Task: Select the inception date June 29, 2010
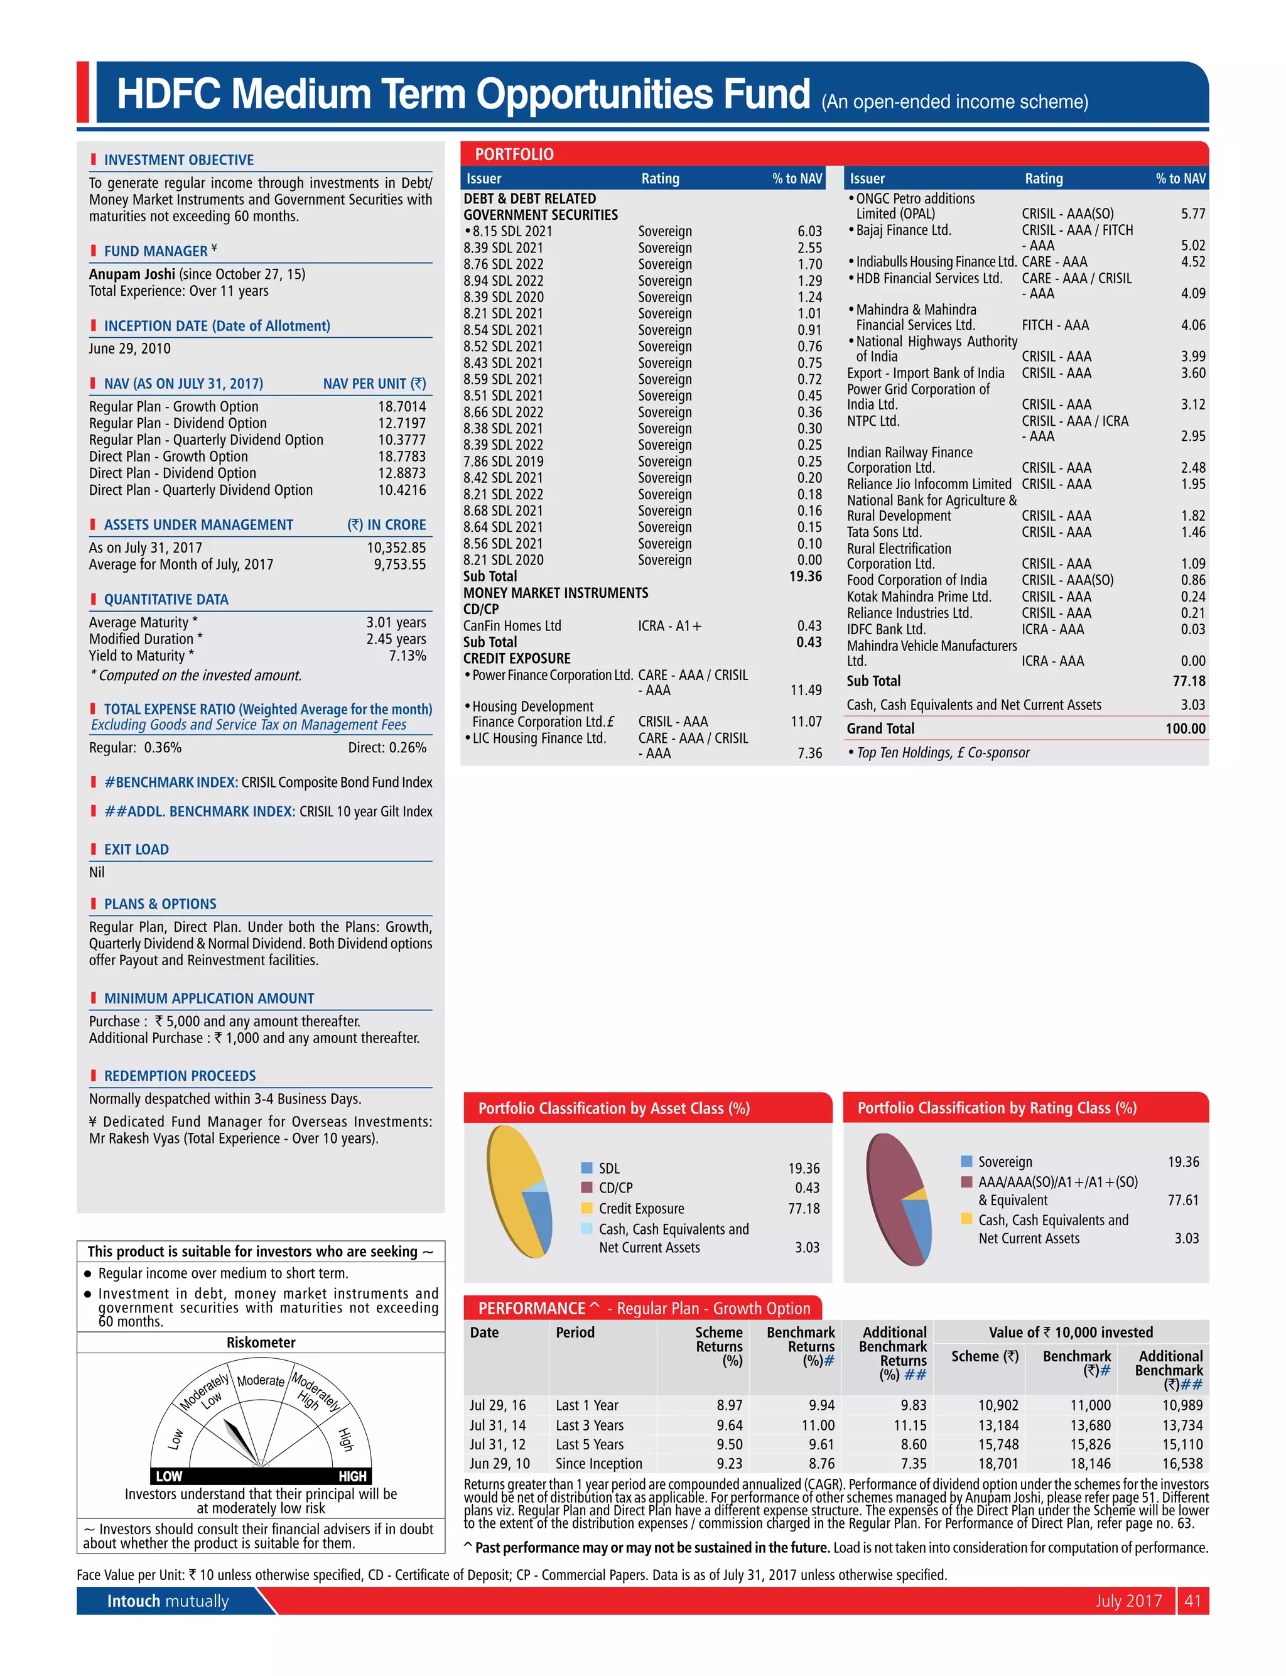tap(129, 349)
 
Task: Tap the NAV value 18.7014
tap(402, 406)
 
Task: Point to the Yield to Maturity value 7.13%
tap(408, 655)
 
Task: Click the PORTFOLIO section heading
tap(514, 154)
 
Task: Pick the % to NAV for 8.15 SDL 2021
tap(809, 231)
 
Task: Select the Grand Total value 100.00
tap(1185, 728)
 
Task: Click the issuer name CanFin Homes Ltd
tap(512, 626)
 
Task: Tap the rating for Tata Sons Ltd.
tap(1056, 532)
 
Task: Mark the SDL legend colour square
tap(587, 1168)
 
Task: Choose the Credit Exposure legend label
tap(642, 1208)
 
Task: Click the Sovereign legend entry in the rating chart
tap(1005, 1162)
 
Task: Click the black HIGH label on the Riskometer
tap(352, 1476)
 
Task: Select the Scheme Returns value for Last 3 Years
tap(730, 1425)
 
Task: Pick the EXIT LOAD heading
tap(136, 850)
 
